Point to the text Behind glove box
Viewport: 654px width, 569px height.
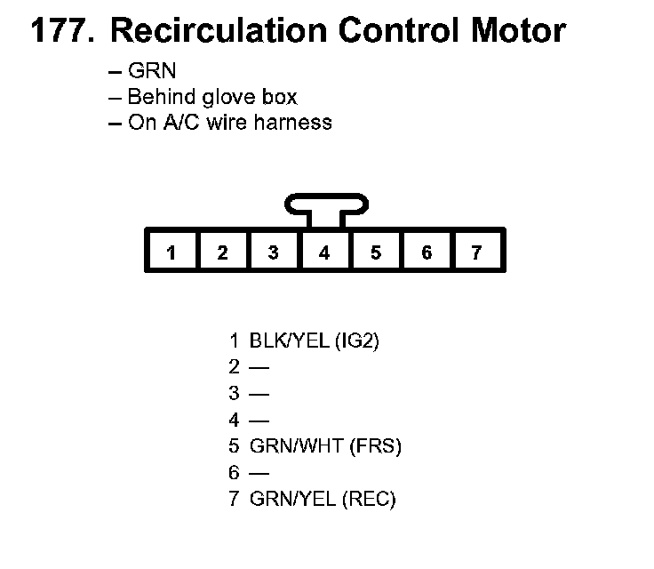tap(211, 97)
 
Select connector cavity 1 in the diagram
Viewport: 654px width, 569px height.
tap(171, 252)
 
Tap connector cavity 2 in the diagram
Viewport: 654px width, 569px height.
tap(222, 252)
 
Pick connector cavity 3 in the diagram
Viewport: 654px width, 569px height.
tap(274, 252)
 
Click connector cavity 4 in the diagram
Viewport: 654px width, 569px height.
tap(324, 252)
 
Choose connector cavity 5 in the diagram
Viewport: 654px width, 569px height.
tap(376, 252)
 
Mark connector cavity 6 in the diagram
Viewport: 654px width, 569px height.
tap(427, 252)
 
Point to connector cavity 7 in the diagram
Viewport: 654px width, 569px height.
tap(477, 252)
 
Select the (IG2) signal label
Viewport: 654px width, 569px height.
tap(358, 340)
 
